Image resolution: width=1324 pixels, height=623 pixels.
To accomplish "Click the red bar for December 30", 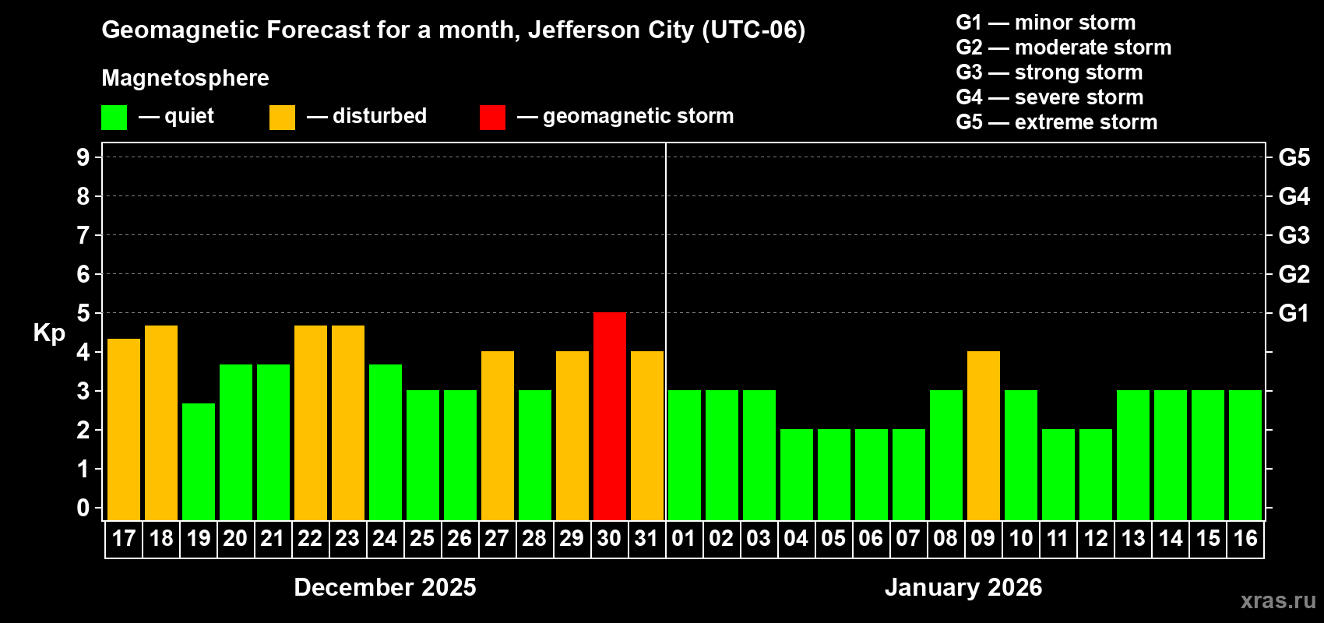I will point(610,417).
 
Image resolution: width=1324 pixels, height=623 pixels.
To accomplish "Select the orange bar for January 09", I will point(984,436).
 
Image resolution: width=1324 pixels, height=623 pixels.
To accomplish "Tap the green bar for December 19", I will point(199,462).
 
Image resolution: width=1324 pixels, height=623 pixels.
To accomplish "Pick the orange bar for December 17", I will point(124,430).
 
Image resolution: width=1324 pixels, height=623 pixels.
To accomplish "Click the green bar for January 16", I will point(1245,456).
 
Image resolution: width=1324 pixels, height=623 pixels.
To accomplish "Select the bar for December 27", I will point(498,436).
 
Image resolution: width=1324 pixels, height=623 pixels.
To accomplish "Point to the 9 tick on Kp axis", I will point(83,157).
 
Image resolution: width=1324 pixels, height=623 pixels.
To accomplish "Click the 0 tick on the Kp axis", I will point(83,508).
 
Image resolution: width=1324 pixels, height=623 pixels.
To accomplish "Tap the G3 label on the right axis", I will point(1294,235).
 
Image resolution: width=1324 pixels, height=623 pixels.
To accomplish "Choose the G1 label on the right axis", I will point(1294,313).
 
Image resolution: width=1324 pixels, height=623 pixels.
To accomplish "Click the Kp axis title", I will point(49,333).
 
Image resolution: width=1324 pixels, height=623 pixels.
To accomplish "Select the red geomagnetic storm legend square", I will point(492,118).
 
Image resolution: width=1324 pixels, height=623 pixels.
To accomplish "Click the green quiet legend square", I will point(114,118).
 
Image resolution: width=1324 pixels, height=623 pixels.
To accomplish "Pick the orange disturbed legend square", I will point(282,118).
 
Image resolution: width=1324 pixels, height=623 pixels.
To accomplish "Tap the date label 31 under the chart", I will point(646,538).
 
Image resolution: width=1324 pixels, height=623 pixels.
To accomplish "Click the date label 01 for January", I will point(684,538).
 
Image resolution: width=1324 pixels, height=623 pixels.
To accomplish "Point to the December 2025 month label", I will point(385,587).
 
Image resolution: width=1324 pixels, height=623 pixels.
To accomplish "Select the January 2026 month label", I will point(963,587).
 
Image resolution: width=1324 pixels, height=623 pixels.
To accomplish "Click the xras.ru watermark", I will point(1278,600).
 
